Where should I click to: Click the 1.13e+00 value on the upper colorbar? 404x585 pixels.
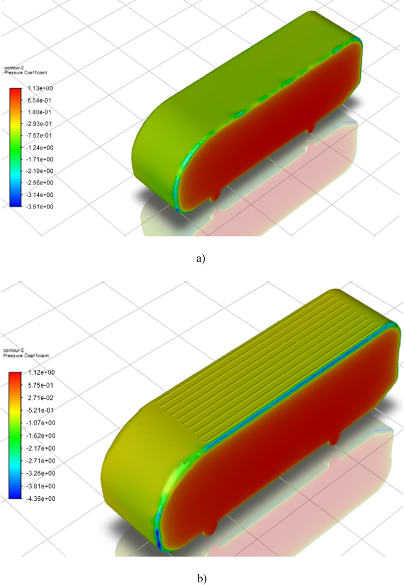pyautogui.click(x=40, y=88)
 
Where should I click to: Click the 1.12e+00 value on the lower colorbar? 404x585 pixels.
pyautogui.click(x=42, y=372)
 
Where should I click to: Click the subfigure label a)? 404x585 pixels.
pyautogui.click(x=201, y=259)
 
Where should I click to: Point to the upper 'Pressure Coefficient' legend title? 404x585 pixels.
pyautogui.click(x=26, y=73)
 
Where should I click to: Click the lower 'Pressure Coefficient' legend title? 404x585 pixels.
pyautogui.click(x=26, y=356)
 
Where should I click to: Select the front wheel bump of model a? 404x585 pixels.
pyautogui.click(x=215, y=196)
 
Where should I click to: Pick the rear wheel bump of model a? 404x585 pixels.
pyautogui.click(x=311, y=128)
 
